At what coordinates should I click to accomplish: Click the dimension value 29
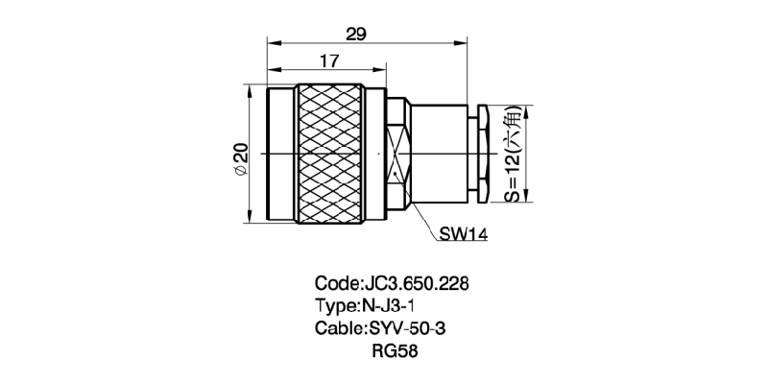tap(356, 35)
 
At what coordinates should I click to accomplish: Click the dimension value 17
tap(328, 61)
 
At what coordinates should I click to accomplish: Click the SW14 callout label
tap(465, 232)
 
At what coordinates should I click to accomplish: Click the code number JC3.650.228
tap(416, 284)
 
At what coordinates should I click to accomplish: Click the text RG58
tap(393, 350)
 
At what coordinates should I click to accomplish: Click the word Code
tap(335, 284)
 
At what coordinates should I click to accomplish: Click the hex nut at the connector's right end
tap(485, 154)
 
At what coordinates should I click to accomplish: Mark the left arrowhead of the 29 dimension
tap(272, 43)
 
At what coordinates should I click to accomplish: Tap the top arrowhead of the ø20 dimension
tap(250, 91)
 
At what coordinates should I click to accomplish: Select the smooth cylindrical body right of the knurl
tap(442, 154)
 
